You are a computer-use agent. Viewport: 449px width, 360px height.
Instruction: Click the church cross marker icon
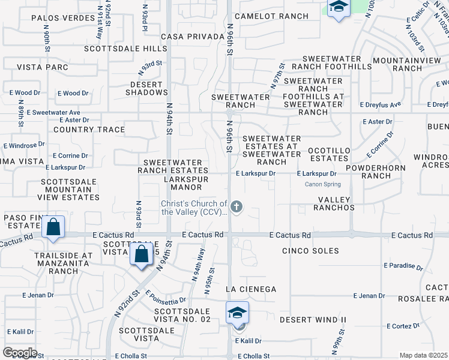coord(237,208)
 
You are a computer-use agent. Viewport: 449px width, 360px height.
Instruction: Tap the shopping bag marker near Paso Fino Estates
coord(53,228)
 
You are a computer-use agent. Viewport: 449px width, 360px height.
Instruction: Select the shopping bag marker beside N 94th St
coord(141,254)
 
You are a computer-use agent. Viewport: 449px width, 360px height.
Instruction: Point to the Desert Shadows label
coord(147,88)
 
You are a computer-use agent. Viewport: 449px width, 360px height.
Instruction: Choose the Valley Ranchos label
coord(328,203)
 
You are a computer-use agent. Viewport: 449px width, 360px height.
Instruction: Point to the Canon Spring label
coord(323,184)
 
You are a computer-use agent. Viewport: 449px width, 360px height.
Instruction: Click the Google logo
coord(19,353)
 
